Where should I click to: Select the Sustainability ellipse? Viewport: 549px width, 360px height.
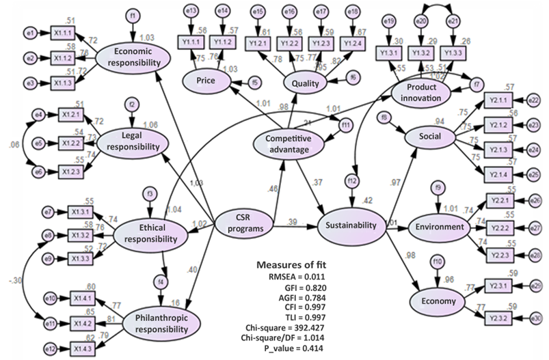tap(351, 225)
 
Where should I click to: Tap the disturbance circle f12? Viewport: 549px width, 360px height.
tap(351, 180)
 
